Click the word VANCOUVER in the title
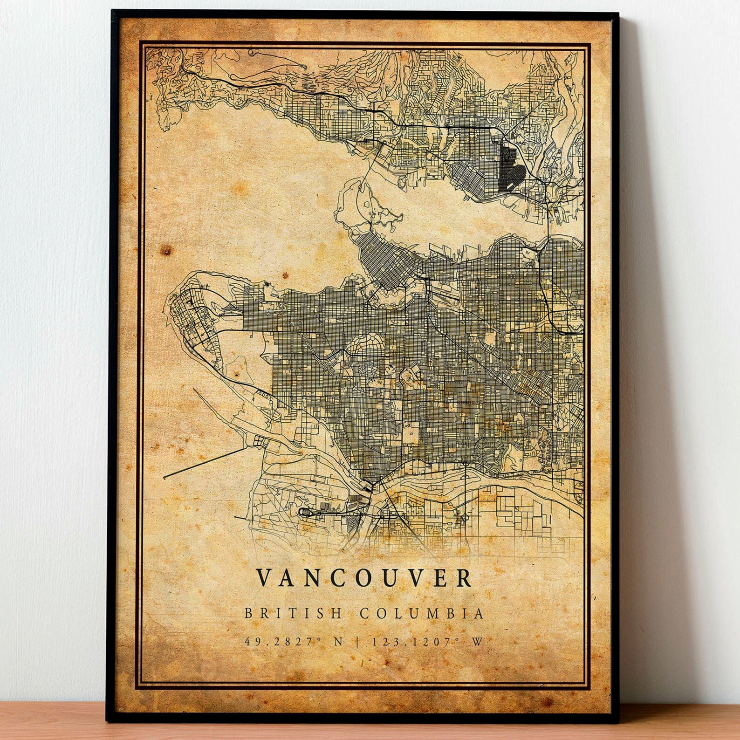(364, 578)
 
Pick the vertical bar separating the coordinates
(358, 642)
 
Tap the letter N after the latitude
(338, 642)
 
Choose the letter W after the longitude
(477, 642)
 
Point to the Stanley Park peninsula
(368, 210)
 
